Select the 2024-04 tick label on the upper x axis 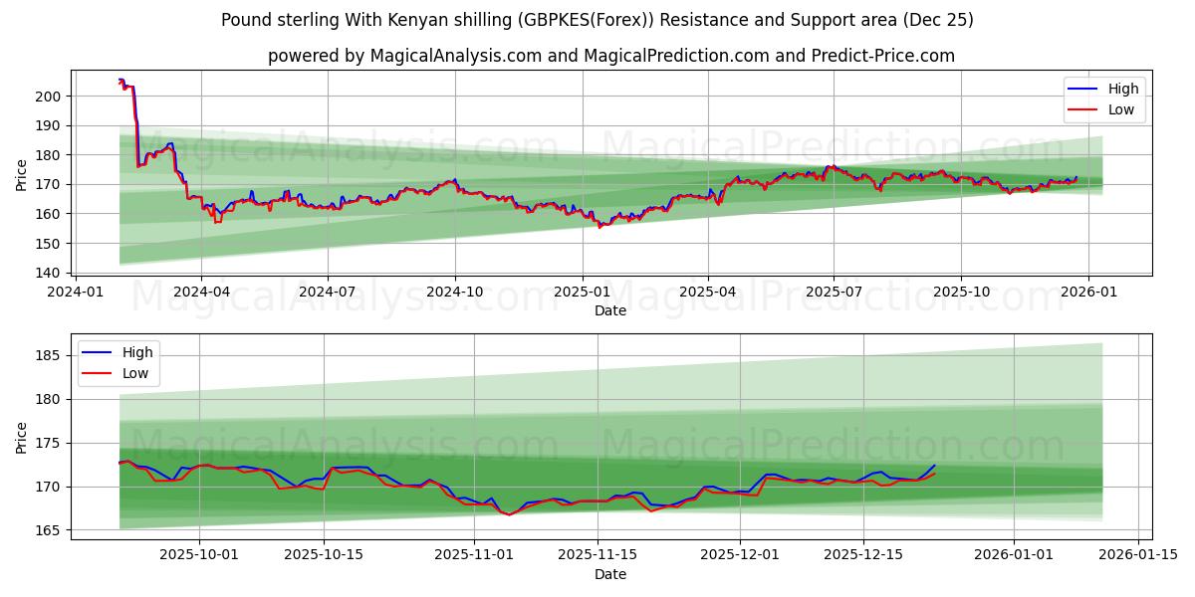pos(201,293)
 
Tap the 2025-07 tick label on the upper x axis pos(834,293)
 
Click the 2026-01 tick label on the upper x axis pos(1087,293)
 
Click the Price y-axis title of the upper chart pos(22,175)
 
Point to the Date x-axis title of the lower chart pos(610,574)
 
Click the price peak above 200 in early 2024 pos(120,80)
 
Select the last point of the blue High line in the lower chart pos(935,466)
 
